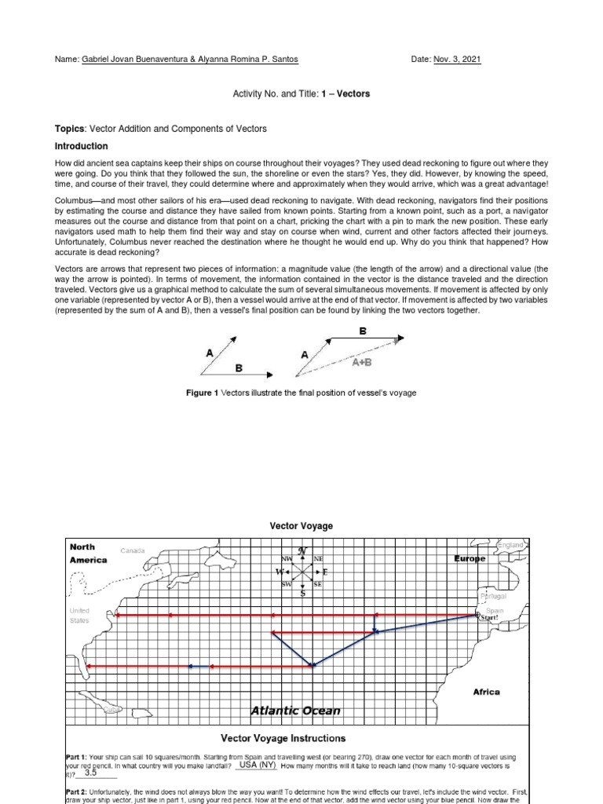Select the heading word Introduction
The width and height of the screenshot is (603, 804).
pyautogui.click(x=81, y=146)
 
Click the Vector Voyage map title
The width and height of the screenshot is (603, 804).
pyautogui.click(x=301, y=526)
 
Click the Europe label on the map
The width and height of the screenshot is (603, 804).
pyautogui.click(x=471, y=559)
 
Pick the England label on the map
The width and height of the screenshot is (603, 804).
pyautogui.click(x=510, y=544)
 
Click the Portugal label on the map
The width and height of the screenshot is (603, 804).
pyautogui.click(x=493, y=597)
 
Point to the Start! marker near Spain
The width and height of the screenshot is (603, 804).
pyautogui.click(x=488, y=618)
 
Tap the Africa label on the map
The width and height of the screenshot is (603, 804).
pyautogui.click(x=486, y=692)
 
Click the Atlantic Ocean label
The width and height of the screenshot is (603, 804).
pyautogui.click(x=295, y=711)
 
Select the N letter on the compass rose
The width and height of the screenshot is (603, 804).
pyautogui.click(x=302, y=551)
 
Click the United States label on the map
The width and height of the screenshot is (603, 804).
pyautogui.click(x=79, y=615)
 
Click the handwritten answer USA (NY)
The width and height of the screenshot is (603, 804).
pyautogui.click(x=258, y=764)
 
